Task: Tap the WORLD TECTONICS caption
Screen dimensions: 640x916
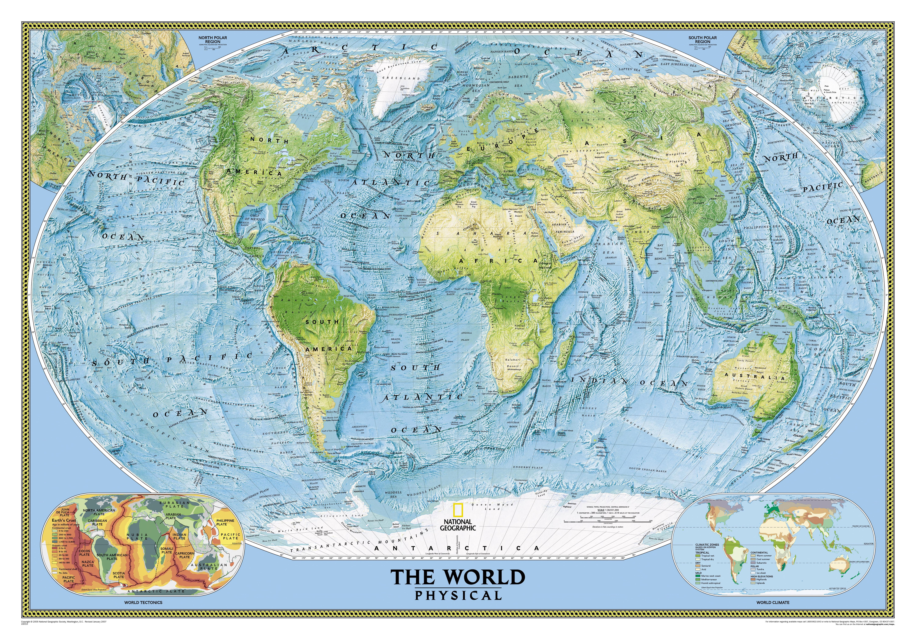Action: point(143,602)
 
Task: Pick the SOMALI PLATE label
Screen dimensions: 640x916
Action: point(167,550)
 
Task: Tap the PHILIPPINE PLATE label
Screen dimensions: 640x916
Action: point(225,522)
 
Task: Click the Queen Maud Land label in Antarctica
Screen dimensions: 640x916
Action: point(492,506)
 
